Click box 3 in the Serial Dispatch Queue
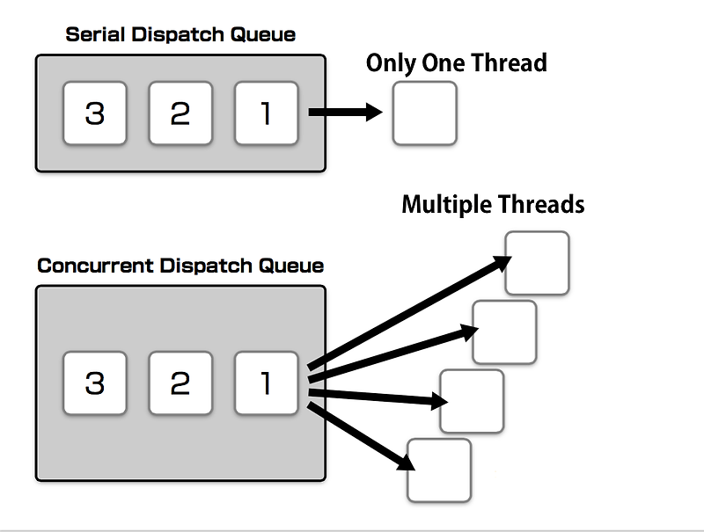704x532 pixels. (x=94, y=113)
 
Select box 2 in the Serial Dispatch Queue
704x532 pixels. (x=180, y=113)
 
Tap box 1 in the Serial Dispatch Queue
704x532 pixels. (x=266, y=113)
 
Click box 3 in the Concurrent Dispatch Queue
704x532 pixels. (x=94, y=383)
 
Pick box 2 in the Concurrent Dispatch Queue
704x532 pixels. (x=180, y=383)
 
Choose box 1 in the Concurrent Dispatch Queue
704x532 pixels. (x=266, y=383)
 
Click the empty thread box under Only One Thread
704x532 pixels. (x=424, y=113)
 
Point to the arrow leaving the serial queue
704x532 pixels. (x=343, y=113)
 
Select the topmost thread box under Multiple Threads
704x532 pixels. (x=537, y=263)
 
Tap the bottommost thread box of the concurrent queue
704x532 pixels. (x=439, y=470)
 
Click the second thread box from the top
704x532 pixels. (x=504, y=332)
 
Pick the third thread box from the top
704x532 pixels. (x=472, y=401)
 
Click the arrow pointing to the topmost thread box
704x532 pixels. (x=409, y=312)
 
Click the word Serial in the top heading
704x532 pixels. (x=92, y=35)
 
